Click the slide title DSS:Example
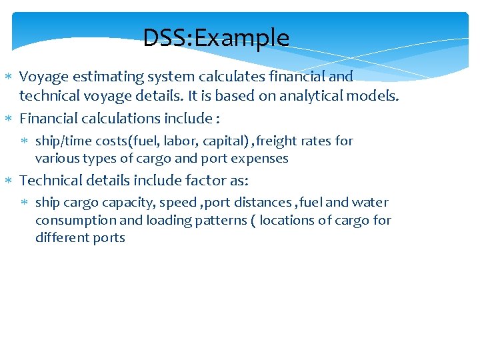coord(216,38)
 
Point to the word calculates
coord(218,77)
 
